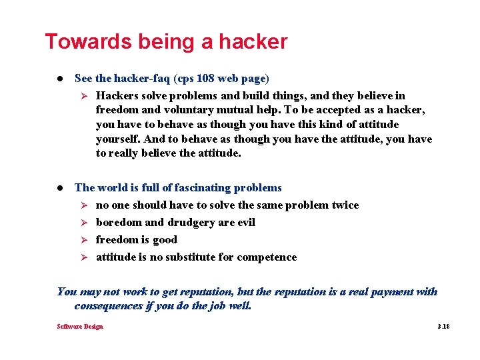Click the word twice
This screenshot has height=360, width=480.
click(345, 205)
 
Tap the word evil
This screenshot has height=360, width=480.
click(244, 223)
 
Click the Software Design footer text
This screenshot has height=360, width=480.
click(80, 327)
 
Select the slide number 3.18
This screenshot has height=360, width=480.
click(443, 327)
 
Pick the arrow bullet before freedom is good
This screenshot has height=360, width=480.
click(84, 240)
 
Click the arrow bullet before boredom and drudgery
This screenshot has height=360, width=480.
click(84, 223)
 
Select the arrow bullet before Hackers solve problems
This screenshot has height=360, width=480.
click(84, 96)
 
